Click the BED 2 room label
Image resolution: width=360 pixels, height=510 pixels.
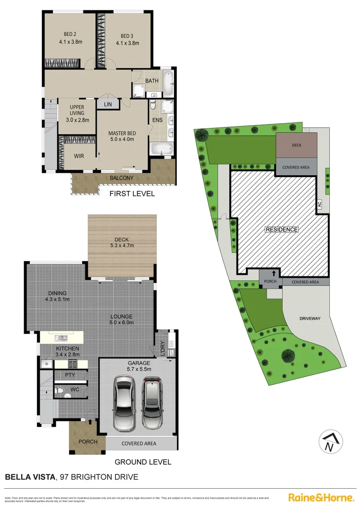click(71, 34)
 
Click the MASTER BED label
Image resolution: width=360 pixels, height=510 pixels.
click(121, 133)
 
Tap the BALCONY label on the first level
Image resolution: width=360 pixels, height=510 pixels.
click(121, 178)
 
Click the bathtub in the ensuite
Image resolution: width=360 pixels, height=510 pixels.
click(162, 149)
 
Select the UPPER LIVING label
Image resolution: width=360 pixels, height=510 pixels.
click(76, 110)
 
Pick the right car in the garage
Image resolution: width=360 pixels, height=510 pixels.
click(152, 401)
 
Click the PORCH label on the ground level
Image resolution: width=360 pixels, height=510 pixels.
click(88, 442)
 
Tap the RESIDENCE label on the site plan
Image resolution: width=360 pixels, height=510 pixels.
click(282, 229)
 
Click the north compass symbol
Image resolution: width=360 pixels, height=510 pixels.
click(331, 442)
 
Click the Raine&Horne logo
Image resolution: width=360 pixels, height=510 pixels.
click(321, 497)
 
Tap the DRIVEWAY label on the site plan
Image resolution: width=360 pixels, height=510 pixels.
click(310, 318)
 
